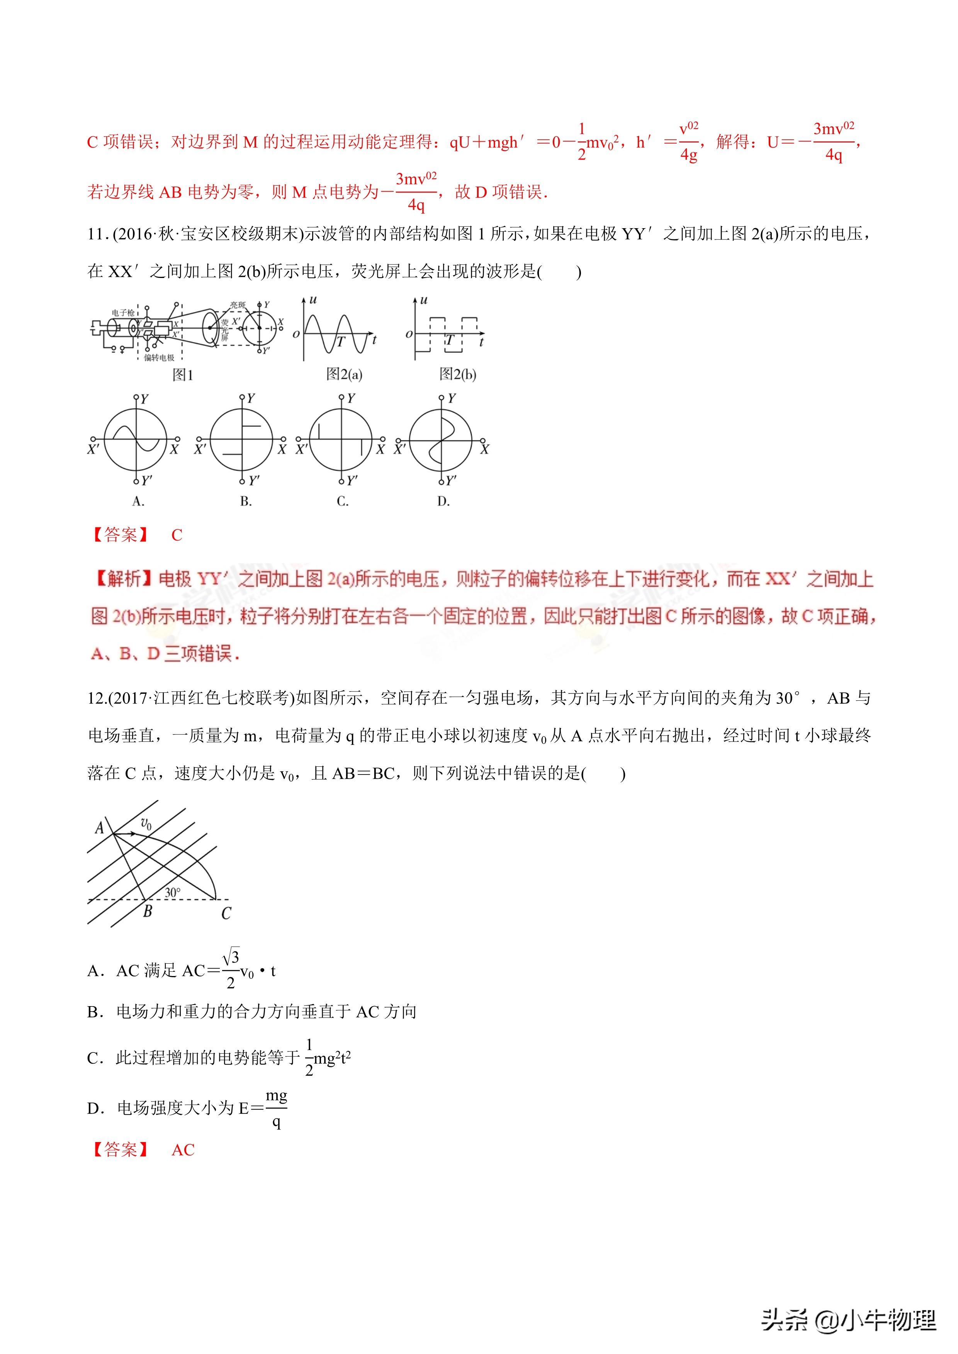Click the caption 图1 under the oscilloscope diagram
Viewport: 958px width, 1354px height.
182,375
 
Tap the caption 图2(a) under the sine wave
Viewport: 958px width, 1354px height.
344,375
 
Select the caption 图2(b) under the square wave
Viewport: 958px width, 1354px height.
457,375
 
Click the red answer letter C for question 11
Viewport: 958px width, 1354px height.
177,535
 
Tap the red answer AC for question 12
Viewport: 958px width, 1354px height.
183,1150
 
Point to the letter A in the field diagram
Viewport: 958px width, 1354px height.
100,828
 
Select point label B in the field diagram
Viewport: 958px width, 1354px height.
148,912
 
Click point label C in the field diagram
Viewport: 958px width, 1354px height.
226,913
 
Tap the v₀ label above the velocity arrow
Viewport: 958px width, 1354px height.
146,823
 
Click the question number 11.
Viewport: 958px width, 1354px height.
96,234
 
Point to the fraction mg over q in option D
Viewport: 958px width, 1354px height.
276,1109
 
